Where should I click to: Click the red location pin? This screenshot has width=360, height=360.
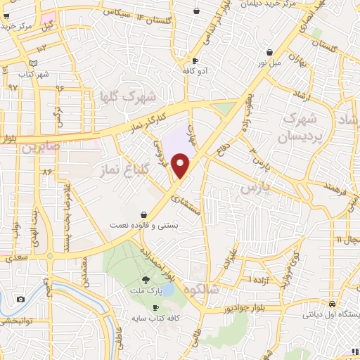pos(181,166)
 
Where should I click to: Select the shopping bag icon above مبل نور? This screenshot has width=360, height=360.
pos(270,52)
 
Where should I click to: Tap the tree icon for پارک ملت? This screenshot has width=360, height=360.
pos(146,280)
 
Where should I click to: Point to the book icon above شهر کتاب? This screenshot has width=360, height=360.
pos(24,63)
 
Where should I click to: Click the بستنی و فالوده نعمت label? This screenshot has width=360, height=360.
pos(143,225)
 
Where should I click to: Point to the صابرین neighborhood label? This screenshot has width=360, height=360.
pos(38,148)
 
